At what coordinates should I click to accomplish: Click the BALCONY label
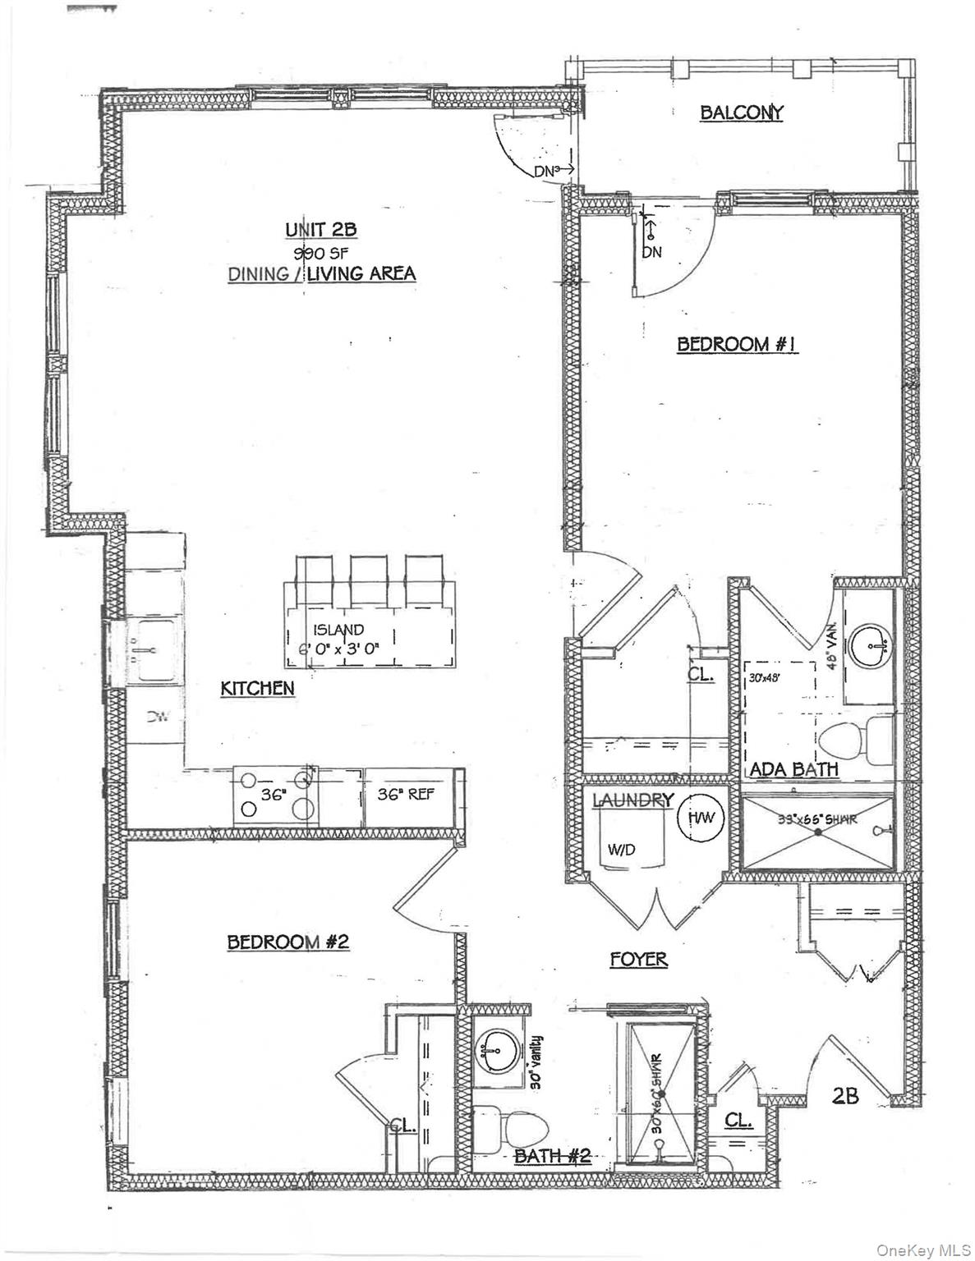(741, 112)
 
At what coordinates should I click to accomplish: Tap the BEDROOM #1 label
(737, 344)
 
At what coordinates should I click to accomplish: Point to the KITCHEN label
(257, 688)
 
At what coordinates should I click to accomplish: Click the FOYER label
(638, 958)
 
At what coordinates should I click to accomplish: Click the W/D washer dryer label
(621, 851)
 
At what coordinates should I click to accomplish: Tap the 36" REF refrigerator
(406, 795)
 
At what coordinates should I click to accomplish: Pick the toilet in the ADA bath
(848, 740)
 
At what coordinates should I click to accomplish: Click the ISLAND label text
(338, 630)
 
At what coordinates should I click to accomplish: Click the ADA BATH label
(793, 769)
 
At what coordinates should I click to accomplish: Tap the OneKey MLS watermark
(918, 1250)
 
